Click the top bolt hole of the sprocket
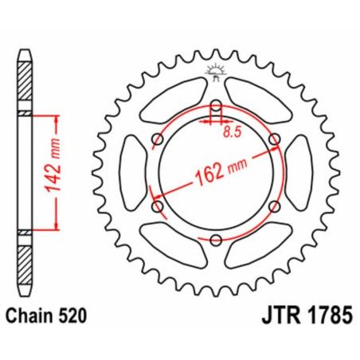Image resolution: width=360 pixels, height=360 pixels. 217,107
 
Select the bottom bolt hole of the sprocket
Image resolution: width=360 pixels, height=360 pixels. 217,238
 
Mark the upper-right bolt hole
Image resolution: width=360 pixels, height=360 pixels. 275,140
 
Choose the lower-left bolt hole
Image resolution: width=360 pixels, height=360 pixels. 158,207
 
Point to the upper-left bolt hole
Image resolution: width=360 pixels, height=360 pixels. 158,141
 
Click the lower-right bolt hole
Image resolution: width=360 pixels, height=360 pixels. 275,206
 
